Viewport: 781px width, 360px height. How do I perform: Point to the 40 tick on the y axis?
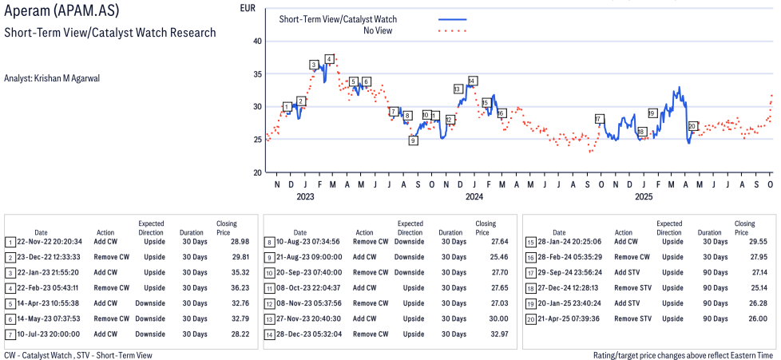[x=256, y=41]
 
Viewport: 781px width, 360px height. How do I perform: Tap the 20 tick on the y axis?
[x=256, y=172]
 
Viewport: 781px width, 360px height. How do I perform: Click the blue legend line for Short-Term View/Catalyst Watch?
[x=453, y=18]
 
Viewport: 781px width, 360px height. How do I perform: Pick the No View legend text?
[x=378, y=30]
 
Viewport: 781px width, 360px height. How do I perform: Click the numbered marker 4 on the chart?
[x=329, y=59]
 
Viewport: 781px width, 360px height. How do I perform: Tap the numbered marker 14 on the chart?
[x=473, y=81]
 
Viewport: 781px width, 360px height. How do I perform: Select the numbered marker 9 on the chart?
[x=413, y=140]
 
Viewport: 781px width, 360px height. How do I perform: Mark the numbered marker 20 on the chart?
[x=692, y=126]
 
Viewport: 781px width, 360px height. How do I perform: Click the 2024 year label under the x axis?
[x=474, y=196]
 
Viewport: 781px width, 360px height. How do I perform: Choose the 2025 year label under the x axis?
[x=644, y=196]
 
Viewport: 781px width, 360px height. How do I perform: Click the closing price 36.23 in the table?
[x=228, y=287]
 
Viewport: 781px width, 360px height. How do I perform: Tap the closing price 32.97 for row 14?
[x=486, y=333]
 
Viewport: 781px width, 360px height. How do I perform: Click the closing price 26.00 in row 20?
[x=745, y=318]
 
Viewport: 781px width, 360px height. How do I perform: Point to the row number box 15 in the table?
[x=530, y=242]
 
